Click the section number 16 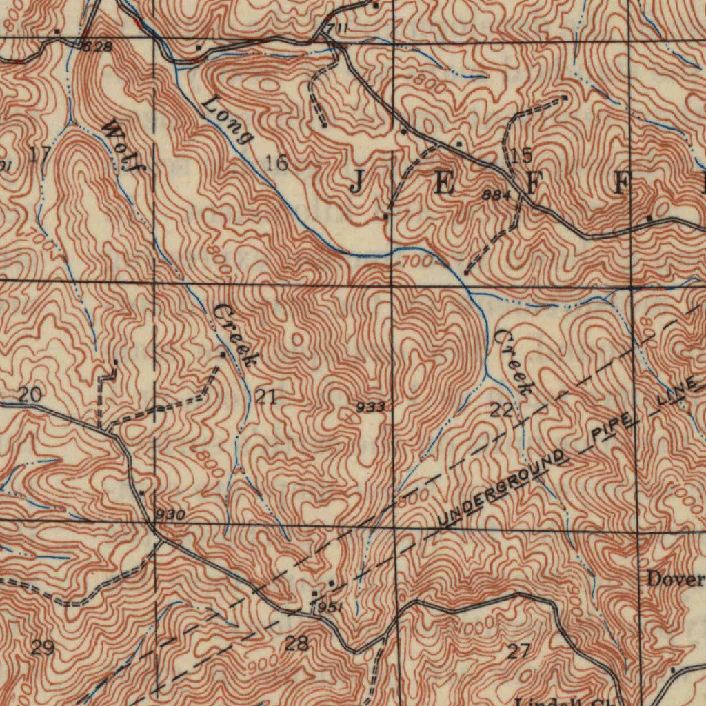[x=277, y=163]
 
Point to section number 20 [x=30, y=395]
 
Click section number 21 [x=266, y=396]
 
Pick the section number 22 [x=502, y=411]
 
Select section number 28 [x=296, y=645]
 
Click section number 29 [x=43, y=647]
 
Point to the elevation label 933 [x=370, y=407]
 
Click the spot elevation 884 [x=496, y=195]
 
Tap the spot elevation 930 [x=170, y=515]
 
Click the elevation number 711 [x=336, y=28]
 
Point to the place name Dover [x=675, y=579]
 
